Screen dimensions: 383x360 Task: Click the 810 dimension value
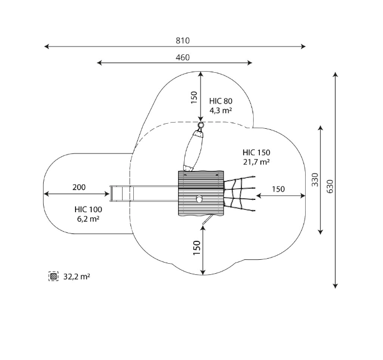[x=183, y=40]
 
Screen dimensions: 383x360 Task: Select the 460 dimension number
[x=183, y=58]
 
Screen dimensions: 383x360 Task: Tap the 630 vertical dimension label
[x=330, y=186]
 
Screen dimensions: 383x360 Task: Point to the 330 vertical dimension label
[x=315, y=180]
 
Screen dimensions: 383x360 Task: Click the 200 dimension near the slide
[x=79, y=188]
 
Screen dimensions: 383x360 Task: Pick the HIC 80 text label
[x=221, y=101]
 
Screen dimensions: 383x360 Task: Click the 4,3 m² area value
[x=221, y=110]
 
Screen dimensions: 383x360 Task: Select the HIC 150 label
[x=256, y=153]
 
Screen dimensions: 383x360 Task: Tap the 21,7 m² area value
[x=256, y=162]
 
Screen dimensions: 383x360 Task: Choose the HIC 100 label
[x=88, y=209]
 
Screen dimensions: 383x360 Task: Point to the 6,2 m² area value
[x=88, y=219]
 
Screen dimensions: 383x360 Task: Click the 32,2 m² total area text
[x=77, y=277]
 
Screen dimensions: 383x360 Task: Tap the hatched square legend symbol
[x=54, y=277]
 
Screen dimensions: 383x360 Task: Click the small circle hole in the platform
[x=199, y=199]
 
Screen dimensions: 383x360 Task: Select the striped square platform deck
[x=201, y=193]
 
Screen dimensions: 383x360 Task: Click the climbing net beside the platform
[x=240, y=193]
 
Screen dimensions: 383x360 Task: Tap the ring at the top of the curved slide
[x=201, y=125]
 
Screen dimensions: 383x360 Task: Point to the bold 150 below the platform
[x=197, y=248]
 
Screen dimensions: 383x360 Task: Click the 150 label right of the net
[x=278, y=189]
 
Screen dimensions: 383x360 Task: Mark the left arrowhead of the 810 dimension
[x=46, y=46]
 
